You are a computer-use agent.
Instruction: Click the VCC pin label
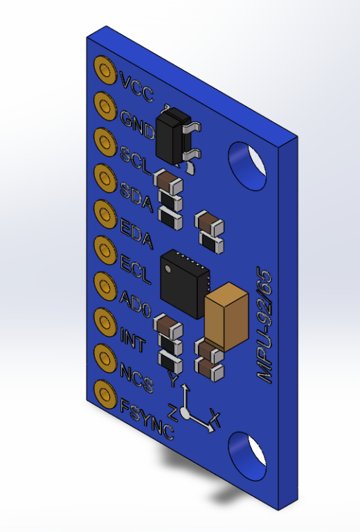(x=137, y=88)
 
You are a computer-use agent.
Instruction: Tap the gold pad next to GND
(x=105, y=106)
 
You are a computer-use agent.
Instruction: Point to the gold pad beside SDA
(x=105, y=178)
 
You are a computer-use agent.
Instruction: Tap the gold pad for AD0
(x=105, y=286)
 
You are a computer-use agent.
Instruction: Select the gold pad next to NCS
(x=105, y=358)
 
